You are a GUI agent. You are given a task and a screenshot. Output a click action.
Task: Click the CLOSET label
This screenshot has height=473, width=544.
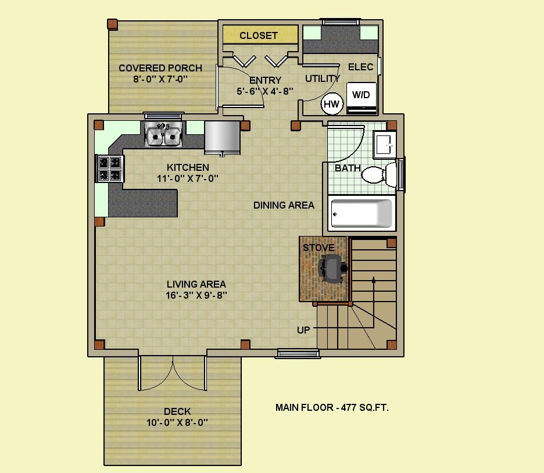(x=259, y=35)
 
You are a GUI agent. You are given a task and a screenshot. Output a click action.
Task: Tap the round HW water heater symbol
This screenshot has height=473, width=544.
(x=332, y=103)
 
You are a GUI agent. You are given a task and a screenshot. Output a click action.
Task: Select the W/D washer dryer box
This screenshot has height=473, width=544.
(x=362, y=98)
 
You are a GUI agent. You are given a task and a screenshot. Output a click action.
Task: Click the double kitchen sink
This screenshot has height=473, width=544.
(x=163, y=135)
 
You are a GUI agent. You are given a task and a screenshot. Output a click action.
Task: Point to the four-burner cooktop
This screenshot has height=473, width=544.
(x=110, y=169)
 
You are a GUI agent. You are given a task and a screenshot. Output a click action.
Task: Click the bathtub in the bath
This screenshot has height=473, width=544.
(x=362, y=213)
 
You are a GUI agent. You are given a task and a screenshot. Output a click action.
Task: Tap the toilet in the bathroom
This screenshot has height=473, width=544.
(x=379, y=173)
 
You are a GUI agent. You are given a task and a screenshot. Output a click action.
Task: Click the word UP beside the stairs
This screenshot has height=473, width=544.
(x=303, y=330)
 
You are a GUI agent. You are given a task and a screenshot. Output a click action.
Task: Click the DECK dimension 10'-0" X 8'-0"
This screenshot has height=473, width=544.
(x=177, y=422)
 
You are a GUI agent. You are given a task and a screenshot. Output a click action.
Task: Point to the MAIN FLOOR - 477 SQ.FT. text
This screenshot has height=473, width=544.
(x=332, y=407)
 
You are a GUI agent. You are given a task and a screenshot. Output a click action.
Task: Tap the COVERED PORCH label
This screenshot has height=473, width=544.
(x=160, y=68)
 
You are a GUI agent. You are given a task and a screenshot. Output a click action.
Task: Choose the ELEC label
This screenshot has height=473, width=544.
(x=361, y=67)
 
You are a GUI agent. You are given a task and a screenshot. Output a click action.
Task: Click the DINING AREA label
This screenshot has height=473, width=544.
(x=284, y=205)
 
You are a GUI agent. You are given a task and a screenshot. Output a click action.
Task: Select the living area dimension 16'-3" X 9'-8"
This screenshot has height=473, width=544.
(x=196, y=295)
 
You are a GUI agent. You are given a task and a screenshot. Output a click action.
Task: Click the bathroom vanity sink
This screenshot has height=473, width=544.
(x=384, y=145)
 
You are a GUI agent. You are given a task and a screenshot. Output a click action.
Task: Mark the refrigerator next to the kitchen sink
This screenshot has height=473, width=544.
(x=223, y=137)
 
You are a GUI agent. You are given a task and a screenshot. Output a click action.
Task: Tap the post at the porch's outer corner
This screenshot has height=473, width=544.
(x=112, y=24)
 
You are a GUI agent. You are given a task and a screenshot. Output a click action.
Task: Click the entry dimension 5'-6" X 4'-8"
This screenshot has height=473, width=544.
(x=265, y=91)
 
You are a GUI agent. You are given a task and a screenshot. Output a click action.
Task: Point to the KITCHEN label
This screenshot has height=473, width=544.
(x=188, y=167)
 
